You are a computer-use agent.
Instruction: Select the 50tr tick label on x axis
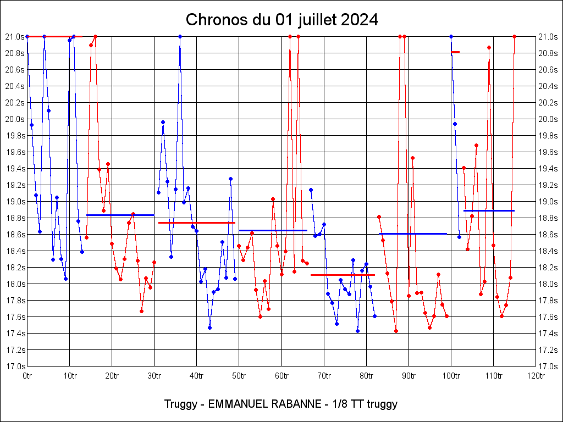[x=239, y=375]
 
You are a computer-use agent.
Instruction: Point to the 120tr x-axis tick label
[x=536, y=375]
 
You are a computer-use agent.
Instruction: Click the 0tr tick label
[x=27, y=375]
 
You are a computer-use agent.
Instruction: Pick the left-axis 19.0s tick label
[x=15, y=202]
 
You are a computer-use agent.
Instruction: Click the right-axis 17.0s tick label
[x=548, y=367]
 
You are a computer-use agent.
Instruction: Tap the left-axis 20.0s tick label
[x=15, y=119]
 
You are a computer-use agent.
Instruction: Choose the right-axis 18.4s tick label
[x=548, y=251]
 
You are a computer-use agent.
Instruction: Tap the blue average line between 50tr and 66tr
[x=273, y=230]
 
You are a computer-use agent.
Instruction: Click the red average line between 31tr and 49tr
[x=197, y=223]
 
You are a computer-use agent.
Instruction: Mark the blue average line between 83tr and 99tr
[x=413, y=234]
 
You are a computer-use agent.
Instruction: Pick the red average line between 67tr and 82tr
[x=343, y=275]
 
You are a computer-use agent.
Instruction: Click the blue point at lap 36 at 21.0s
[x=180, y=36]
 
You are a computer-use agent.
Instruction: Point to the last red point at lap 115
[x=514, y=36]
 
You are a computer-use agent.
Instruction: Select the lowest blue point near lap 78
[x=357, y=331]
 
